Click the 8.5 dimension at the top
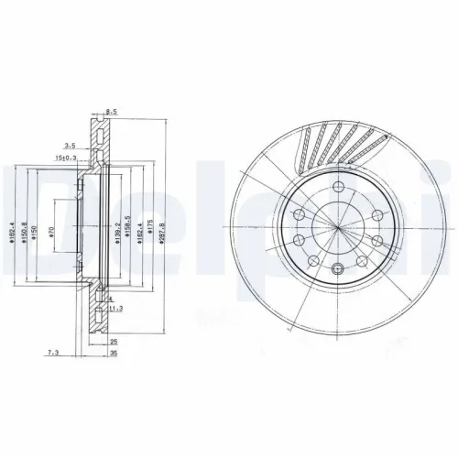[x=112, y=113]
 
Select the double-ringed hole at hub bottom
[x=337, y=268]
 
